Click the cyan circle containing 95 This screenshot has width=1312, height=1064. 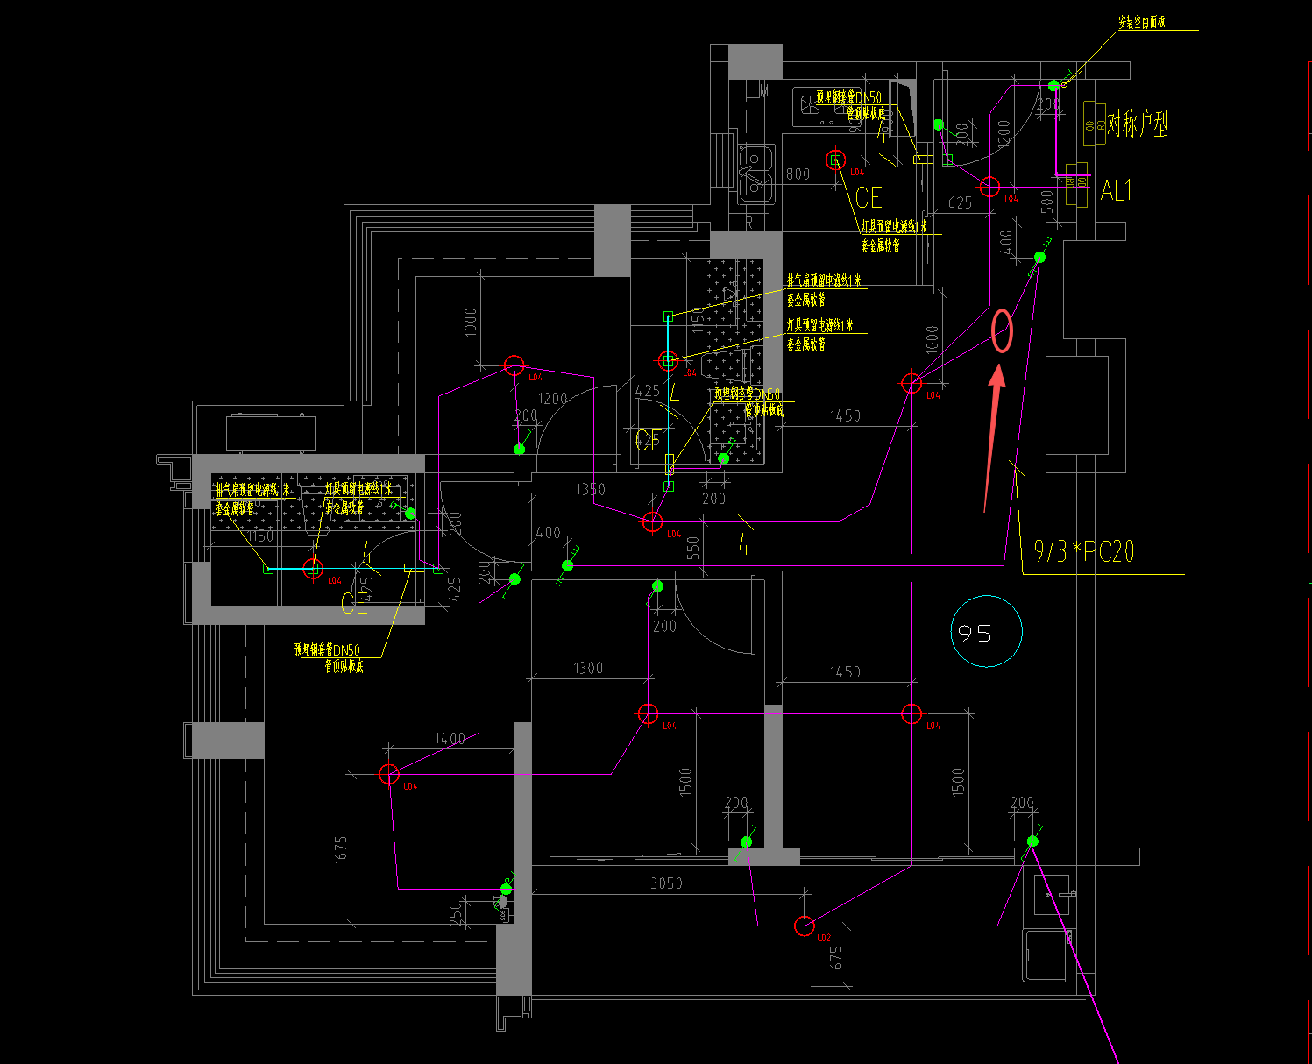point(986,631)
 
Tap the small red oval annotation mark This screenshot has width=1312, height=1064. point(1002,331)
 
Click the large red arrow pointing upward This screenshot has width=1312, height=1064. point(992,438)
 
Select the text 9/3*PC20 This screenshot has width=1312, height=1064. point(1084,551)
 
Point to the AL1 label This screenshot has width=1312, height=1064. point(1117,190)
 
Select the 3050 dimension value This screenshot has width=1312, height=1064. point(666,883)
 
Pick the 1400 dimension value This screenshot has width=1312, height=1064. point(450,739)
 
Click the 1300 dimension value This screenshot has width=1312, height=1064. point(588,669)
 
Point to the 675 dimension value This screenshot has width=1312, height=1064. point(837,958)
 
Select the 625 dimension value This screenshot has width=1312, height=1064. point(960,203)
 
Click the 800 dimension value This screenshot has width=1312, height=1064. point(798,174)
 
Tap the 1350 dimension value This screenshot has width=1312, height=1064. point(590,490)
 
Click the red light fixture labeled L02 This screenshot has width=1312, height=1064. point(804,926)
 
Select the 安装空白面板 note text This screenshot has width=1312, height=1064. point(1141,23)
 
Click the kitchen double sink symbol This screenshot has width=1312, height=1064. point(755,173)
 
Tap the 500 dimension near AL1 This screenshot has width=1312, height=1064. point(1047,201)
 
